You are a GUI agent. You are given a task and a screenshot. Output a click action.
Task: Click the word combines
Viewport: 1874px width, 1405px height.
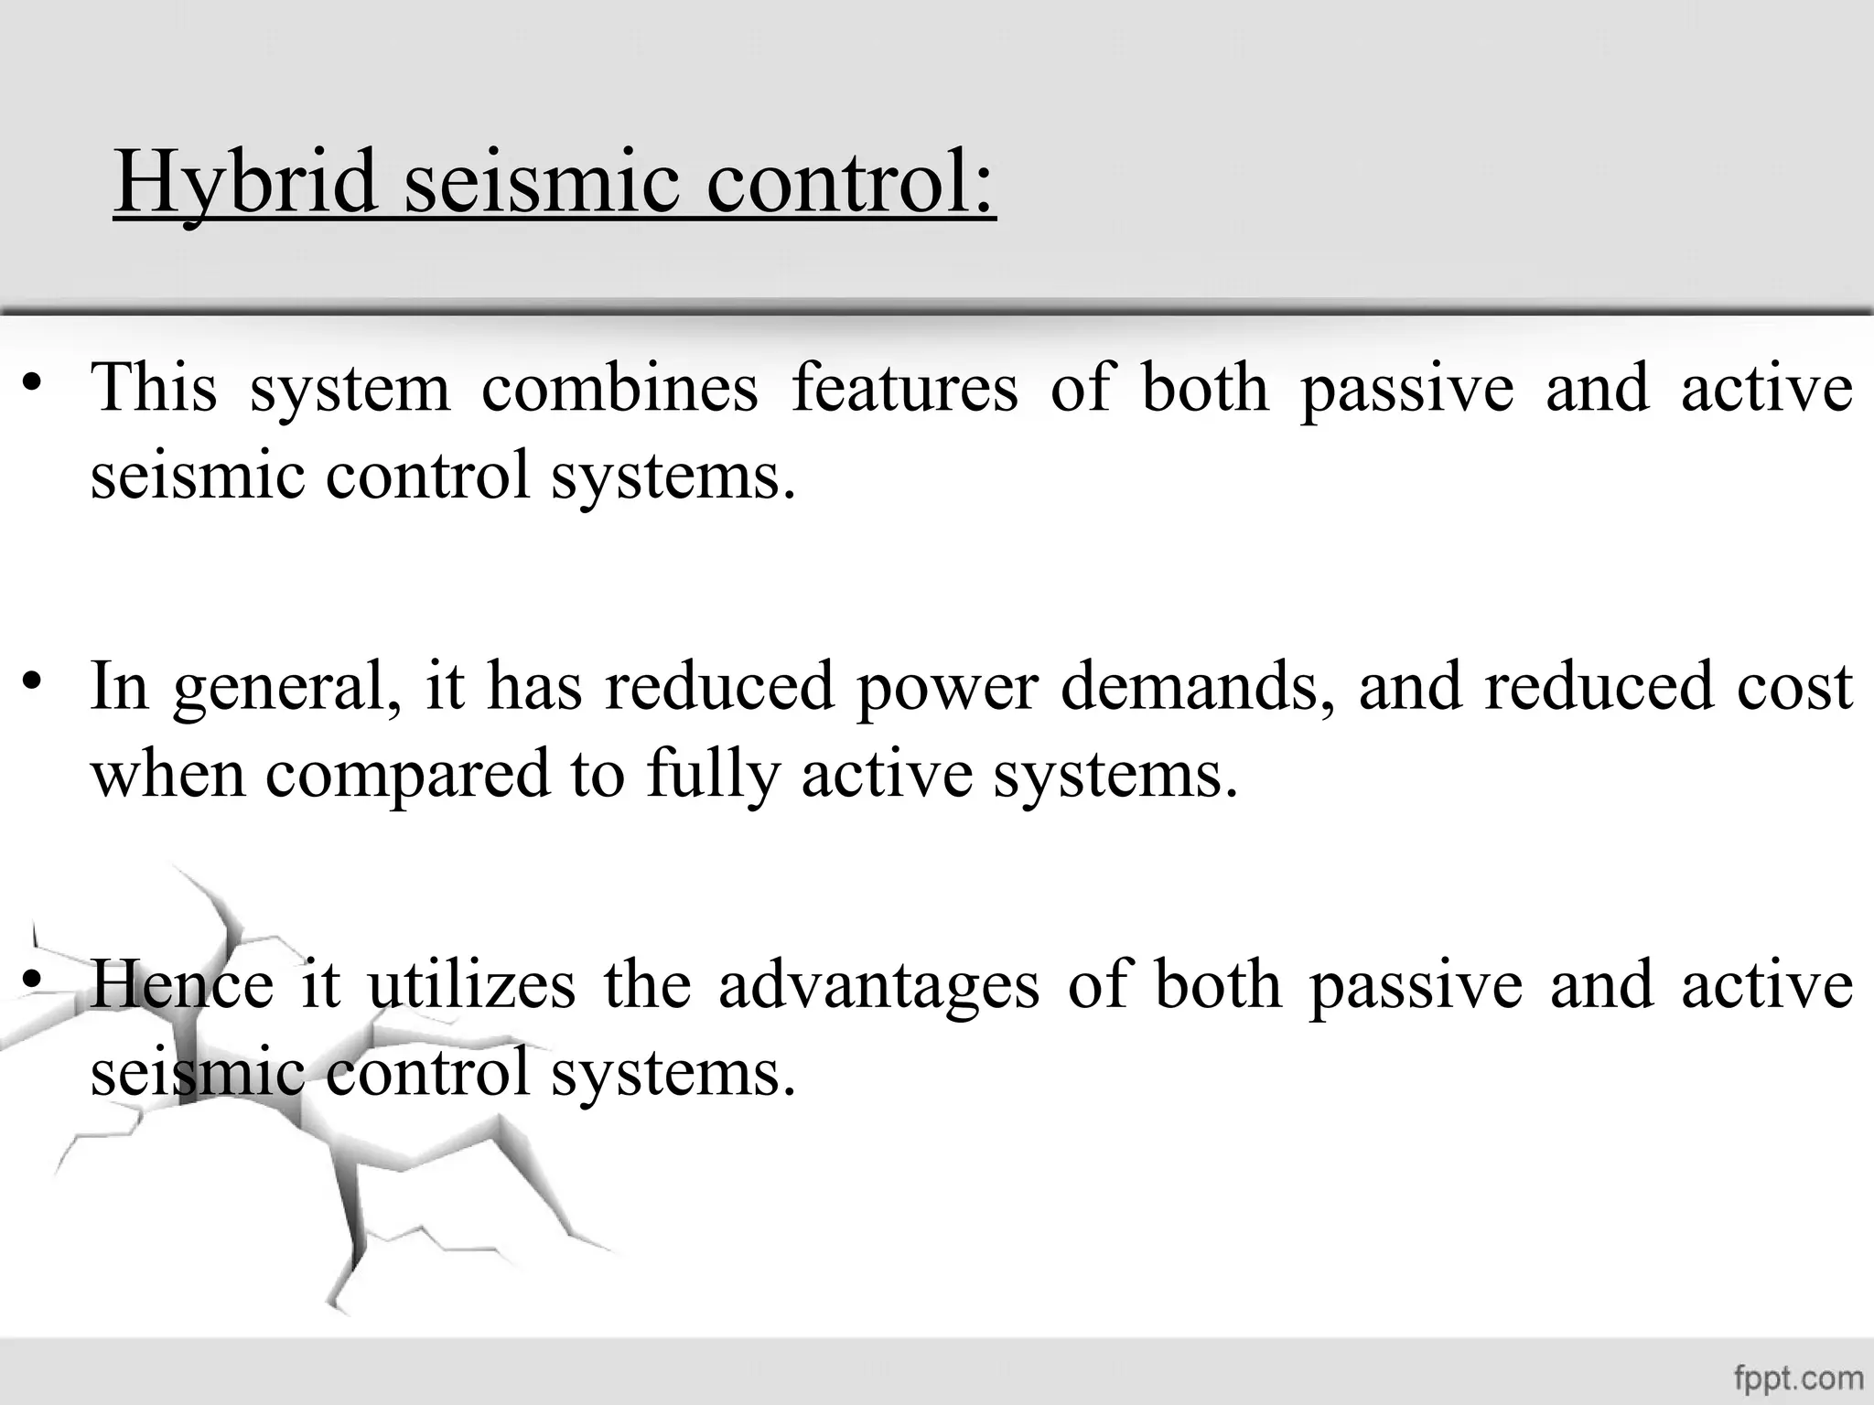(x=619, y=388)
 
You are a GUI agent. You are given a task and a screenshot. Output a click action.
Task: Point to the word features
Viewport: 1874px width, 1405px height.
(x=904, y=388)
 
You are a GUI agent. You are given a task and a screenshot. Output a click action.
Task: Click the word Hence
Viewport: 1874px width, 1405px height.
(x=181, y=985)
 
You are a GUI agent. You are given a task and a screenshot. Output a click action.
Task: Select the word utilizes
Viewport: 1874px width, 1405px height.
(x=471, y=985)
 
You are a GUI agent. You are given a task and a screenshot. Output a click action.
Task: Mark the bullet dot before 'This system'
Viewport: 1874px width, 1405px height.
(x=34, y=381)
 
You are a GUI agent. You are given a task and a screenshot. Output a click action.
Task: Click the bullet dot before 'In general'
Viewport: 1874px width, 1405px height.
(x=34, y=681)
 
